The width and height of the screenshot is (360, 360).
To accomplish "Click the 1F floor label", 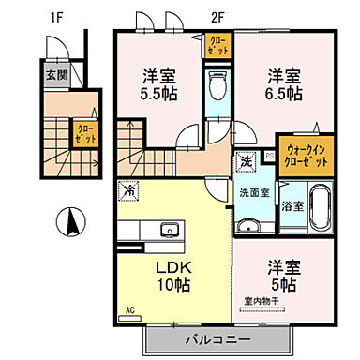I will pos(55,17).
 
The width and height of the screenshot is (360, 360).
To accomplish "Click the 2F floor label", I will pos(217,17).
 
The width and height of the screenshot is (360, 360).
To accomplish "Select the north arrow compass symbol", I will pos(68,224).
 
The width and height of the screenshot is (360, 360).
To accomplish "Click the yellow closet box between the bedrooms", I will pos(217,44).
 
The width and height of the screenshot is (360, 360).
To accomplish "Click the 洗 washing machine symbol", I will pos(246,160).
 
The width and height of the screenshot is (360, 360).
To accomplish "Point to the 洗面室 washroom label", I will pos(252,193).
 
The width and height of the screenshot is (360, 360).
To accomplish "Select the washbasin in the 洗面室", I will pos(248,225).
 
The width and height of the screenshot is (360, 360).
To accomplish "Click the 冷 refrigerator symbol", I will pos(128,190).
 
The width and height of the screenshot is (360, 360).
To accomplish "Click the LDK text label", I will pos(171,265).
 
